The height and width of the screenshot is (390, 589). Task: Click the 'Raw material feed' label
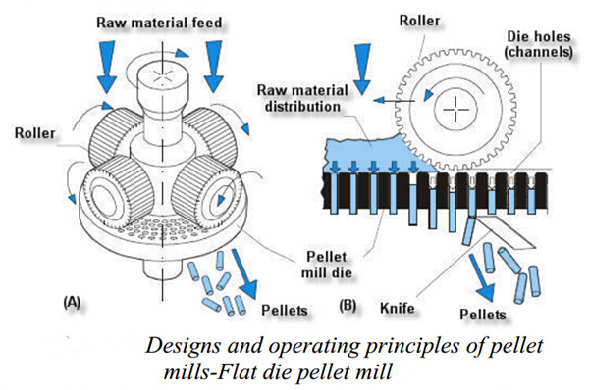[x=159, y=23]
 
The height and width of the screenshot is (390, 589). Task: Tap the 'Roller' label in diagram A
[x=35, y=133]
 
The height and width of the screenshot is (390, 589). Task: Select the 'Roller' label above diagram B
[x=419, y=21]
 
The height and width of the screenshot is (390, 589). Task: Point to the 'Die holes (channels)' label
[x=539, y=44]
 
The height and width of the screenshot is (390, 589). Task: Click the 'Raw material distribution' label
[x=302, y=98]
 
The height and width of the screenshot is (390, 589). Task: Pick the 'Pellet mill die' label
[x=326, y=264]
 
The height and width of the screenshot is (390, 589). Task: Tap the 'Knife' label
[x=398, y=309]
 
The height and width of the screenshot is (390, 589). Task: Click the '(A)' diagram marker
[x=72, y=302]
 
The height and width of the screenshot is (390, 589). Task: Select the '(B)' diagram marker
[x=348, y=306]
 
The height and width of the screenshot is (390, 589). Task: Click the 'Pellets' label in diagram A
[x=285, y=310]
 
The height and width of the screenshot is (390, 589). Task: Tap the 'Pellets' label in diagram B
[x=483, y=315]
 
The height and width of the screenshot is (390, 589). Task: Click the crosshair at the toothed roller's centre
[x=456, y=110]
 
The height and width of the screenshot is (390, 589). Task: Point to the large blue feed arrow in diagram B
[x=362, y=69]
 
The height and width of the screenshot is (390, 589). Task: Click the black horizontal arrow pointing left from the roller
[x=395, y=101]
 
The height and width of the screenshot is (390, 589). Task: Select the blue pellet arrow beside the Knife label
[x=482, y=277]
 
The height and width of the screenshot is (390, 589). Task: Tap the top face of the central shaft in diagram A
[x=162, y=74]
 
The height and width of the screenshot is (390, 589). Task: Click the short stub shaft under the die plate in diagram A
[x=162, y=269]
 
